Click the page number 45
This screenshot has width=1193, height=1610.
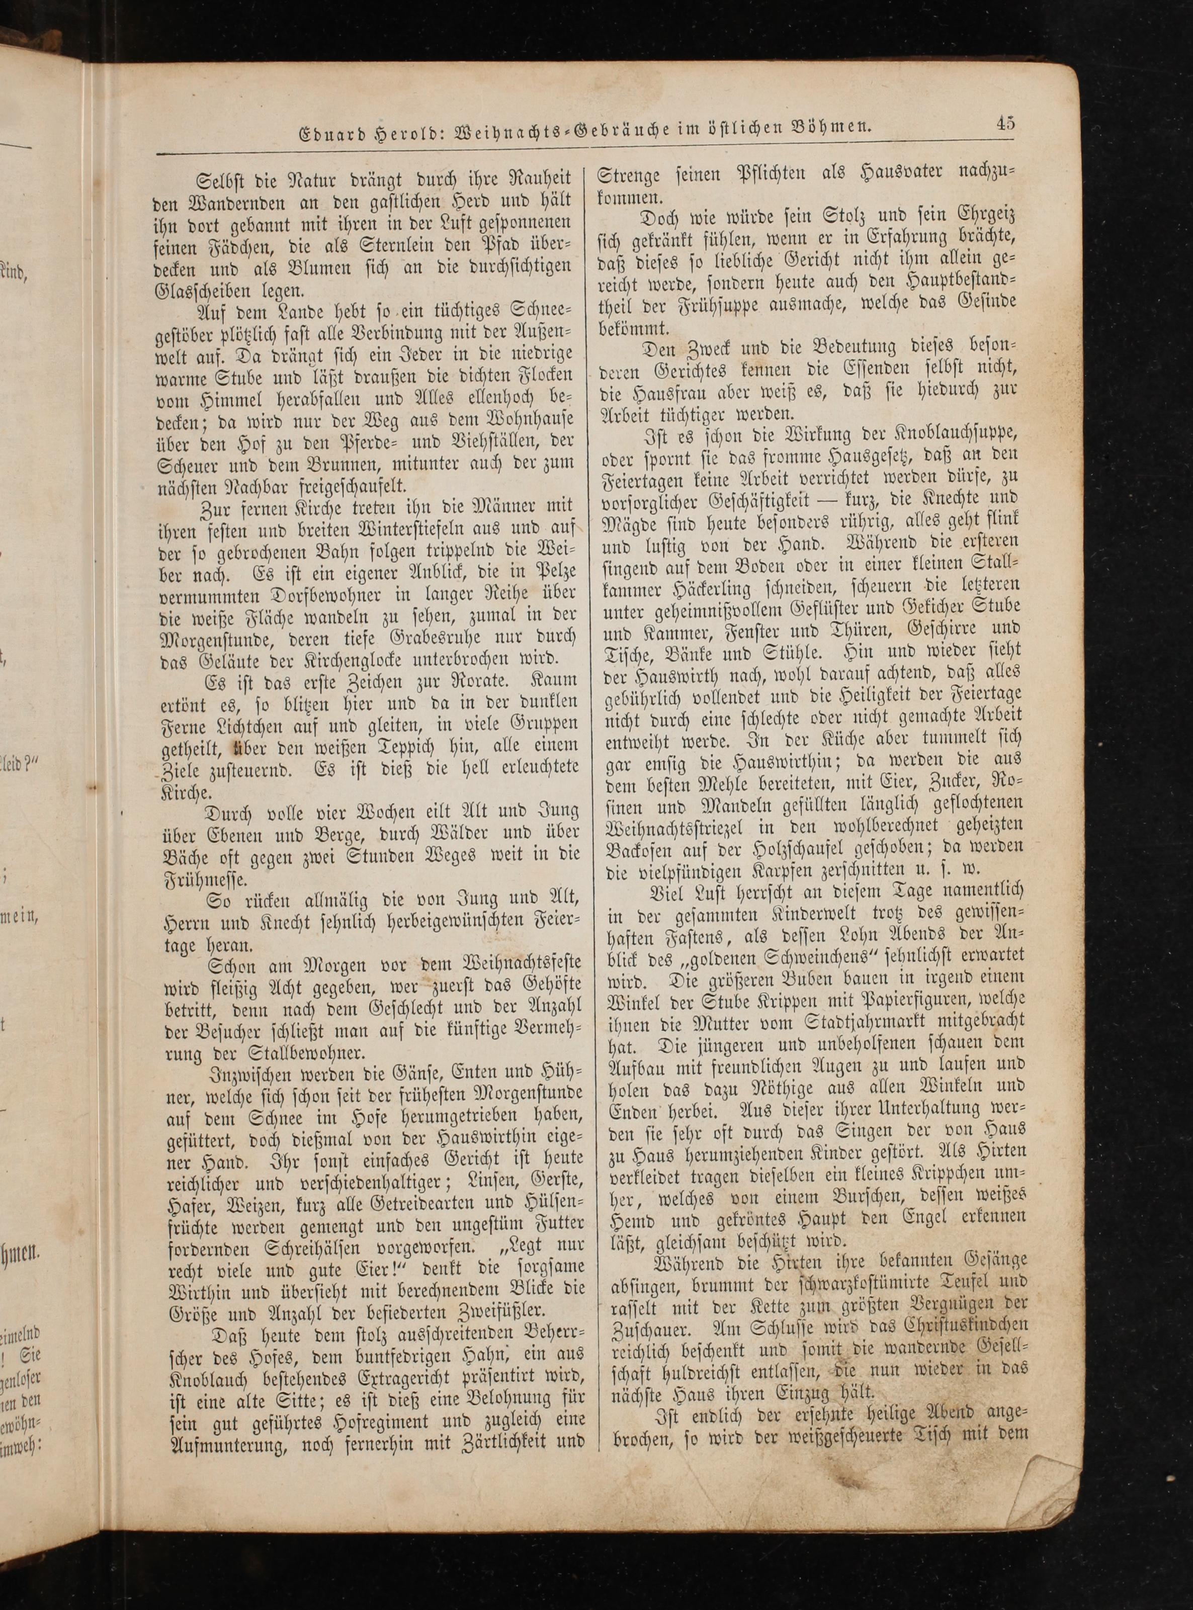pos(1005,123)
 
